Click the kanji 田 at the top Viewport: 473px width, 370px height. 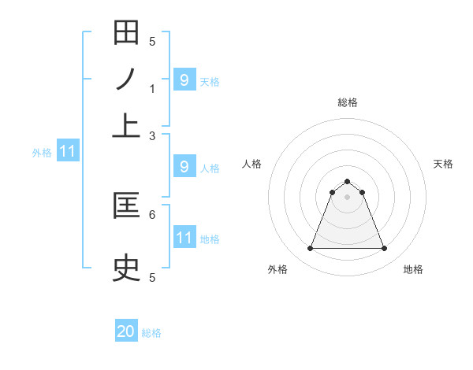[126, 34]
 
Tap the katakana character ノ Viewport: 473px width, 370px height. [126, 79]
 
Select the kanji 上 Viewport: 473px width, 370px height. [126, 124]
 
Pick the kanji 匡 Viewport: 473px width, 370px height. [126, 206]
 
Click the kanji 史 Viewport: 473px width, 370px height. [126, 268]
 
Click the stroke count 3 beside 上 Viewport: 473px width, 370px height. [152, 135]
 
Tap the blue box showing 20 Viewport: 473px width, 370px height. [126, 332]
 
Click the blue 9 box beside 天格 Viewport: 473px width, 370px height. [184, 80]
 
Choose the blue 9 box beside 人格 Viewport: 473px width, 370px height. [184, 167]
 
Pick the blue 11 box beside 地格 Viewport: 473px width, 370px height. [184, 238]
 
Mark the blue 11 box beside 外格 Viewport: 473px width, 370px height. [67, 151]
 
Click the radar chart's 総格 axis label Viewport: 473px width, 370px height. [347, 102]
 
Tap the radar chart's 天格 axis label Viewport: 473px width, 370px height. [444, 164]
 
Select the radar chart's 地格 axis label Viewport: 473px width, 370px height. [413, 270]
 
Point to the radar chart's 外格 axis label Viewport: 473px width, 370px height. [277, 270]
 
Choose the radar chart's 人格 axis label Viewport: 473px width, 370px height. [252, 164]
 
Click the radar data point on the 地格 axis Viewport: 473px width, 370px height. [384, 249]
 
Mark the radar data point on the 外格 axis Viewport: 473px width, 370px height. [310, 249]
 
